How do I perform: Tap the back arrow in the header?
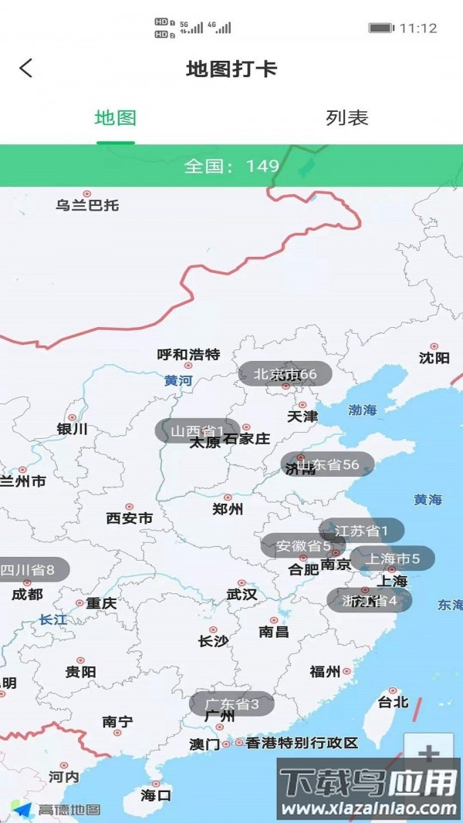click(26, 68)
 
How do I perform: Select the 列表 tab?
click(347, 118)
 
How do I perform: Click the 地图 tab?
click(116, 118)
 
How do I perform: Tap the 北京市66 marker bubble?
click(285, 374)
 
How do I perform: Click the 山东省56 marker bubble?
click(327, 464)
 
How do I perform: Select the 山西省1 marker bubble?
click(197, 430)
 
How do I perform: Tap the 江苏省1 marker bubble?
click(361, 530)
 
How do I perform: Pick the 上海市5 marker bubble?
click(393, 558)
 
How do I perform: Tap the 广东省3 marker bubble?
click(231, 703)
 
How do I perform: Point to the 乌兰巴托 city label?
click(87, 205)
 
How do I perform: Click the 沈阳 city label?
click(434, 358)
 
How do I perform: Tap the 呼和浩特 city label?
click(188, 355)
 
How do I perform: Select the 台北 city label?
click(393, 702)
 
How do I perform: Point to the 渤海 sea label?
click(362, 410)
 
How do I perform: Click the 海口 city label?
click(157, 794)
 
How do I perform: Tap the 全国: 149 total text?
click(231, 166)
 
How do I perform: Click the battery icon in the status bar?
click(380, 28)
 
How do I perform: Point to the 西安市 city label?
click(130, 518)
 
